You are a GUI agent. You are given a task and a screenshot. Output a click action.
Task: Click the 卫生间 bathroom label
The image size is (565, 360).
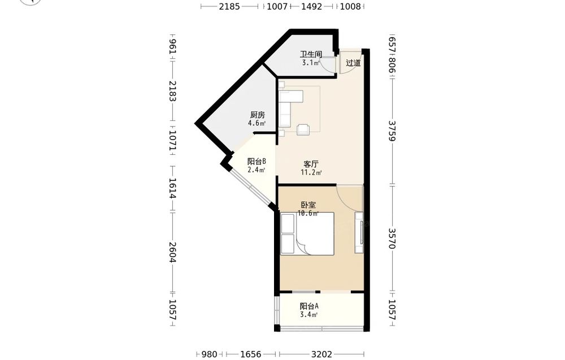pos(311,54)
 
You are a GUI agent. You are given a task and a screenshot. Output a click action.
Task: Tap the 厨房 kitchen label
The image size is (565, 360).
pos(258,115)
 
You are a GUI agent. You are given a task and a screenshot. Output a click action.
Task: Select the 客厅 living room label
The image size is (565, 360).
pos(311,164)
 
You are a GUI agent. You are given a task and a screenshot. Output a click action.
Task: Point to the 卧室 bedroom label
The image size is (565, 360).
pos(308,205)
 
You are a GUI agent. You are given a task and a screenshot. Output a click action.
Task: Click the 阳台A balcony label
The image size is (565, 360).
pos(309,306)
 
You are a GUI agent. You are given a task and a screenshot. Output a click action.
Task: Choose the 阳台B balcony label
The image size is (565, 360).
pos(257,162)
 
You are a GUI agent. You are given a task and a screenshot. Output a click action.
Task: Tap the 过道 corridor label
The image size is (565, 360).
pos(353,63)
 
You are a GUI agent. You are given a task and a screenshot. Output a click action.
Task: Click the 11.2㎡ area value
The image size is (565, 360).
pos(311,172)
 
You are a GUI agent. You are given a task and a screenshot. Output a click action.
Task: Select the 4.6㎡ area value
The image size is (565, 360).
pos(257,123)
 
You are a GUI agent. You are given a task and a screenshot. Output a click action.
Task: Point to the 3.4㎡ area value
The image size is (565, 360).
pos(309,315)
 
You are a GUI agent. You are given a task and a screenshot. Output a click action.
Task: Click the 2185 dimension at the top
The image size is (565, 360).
pos(229,6)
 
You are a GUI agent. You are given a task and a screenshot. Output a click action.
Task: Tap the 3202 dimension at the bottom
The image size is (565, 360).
pos(322,354)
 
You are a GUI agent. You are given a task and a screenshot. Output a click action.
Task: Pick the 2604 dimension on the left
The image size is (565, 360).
pos(172,252)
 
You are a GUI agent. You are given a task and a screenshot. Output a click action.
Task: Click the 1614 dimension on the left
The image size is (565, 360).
pos(172,188)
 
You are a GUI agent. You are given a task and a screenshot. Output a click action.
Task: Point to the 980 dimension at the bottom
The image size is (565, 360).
pos(210,354)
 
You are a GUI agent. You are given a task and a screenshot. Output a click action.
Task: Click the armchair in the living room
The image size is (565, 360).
pos(303,129)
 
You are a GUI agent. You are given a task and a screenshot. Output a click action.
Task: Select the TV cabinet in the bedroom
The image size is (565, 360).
pos(359,232)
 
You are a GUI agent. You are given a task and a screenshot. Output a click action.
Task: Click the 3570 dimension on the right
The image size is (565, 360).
pos(392,238)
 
